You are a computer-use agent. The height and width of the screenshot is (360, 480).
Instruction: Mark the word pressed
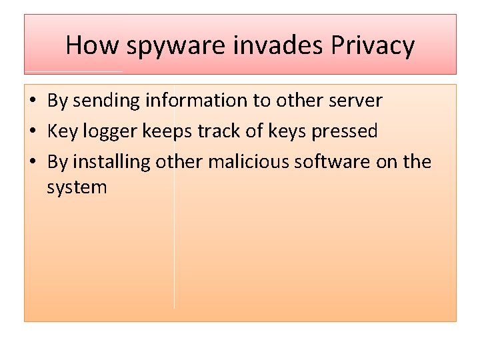(345, 132)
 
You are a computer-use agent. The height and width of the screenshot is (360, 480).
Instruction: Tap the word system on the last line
(77, 188)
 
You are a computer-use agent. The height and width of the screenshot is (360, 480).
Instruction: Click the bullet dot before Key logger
(32, 132)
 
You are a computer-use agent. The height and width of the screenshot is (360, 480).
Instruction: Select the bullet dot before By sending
(32, 101)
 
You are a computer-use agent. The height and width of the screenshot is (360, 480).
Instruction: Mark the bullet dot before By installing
(32, 163)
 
